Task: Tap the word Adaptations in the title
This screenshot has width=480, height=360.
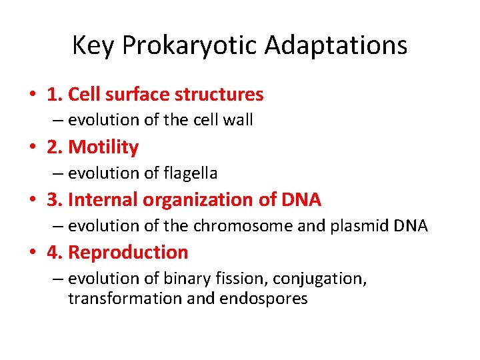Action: coord(336,46)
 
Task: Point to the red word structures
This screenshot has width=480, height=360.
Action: coord(219,95)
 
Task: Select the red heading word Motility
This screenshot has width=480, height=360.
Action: coord(103,147)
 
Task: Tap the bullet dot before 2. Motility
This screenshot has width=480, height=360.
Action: coord(32,147)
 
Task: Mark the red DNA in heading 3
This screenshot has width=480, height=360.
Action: coord(301,200)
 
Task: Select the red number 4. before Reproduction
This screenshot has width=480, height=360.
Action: coord(55,253)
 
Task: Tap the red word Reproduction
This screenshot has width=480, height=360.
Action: coord(128,253)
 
